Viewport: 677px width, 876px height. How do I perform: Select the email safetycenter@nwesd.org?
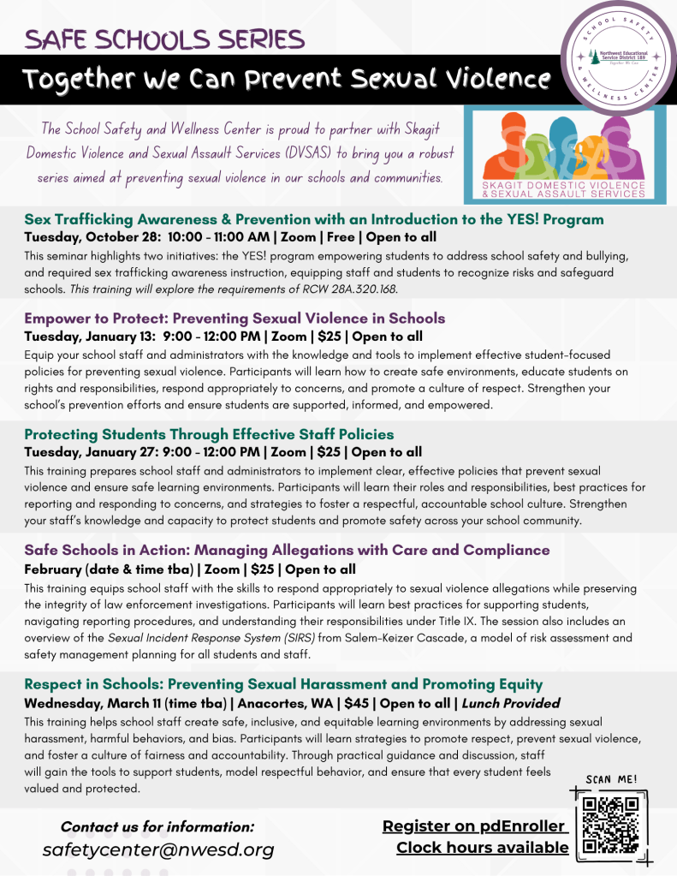(x=158, y=849)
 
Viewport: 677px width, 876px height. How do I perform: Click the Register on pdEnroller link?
(x=474, y=825)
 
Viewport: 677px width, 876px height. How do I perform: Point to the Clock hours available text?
(x=482, y=847)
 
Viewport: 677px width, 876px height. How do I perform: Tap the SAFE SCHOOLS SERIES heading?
(x=163, y=39)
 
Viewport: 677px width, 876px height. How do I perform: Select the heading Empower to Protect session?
(x=235, y=319)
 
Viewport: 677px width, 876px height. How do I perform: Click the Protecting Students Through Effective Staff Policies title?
(x=209, y=434)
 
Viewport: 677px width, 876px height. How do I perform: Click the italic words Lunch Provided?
(x=511, y=703)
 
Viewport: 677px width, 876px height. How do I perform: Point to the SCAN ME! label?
(x=610, y=778)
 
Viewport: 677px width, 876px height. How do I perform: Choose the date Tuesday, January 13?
(x=90, y=337)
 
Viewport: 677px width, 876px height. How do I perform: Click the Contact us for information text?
(x=157, y=826)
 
